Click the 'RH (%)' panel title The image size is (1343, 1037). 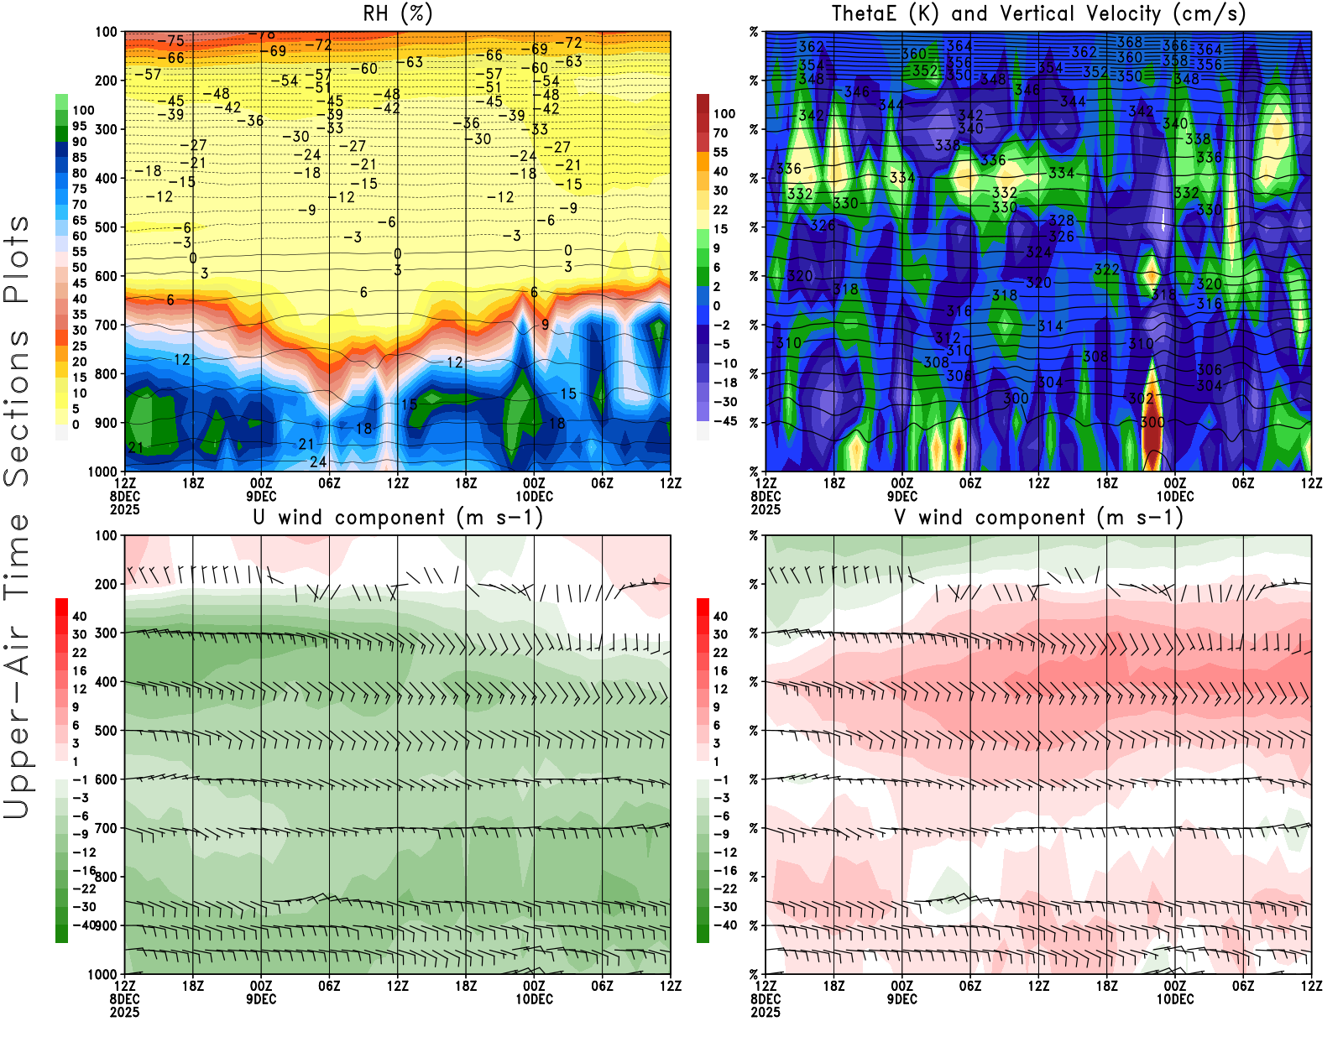click(398, 13)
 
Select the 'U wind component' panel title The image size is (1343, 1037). click(398, 518)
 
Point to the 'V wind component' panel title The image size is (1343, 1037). click(1038, 518)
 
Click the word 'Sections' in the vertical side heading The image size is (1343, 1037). click(17, 407)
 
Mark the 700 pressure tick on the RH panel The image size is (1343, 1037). click(107, 325)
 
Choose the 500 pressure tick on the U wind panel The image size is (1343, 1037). click(107, 731)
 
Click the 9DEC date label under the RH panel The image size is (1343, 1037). click(261, 496)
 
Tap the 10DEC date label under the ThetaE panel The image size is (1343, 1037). click(1175, 496)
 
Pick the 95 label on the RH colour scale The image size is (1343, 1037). click(79, 126)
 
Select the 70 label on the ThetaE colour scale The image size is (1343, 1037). click(720, 133)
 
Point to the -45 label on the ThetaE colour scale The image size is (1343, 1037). click(724, 421)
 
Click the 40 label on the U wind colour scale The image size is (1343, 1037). click(79, 616)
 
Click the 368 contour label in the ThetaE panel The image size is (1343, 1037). click(1129, 42)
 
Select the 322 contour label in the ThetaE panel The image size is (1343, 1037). click(1106, 269)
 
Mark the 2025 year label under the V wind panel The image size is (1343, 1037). click(766, 1012)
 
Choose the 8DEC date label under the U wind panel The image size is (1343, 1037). click(125, 999)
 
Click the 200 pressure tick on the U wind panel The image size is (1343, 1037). click(107, 584)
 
